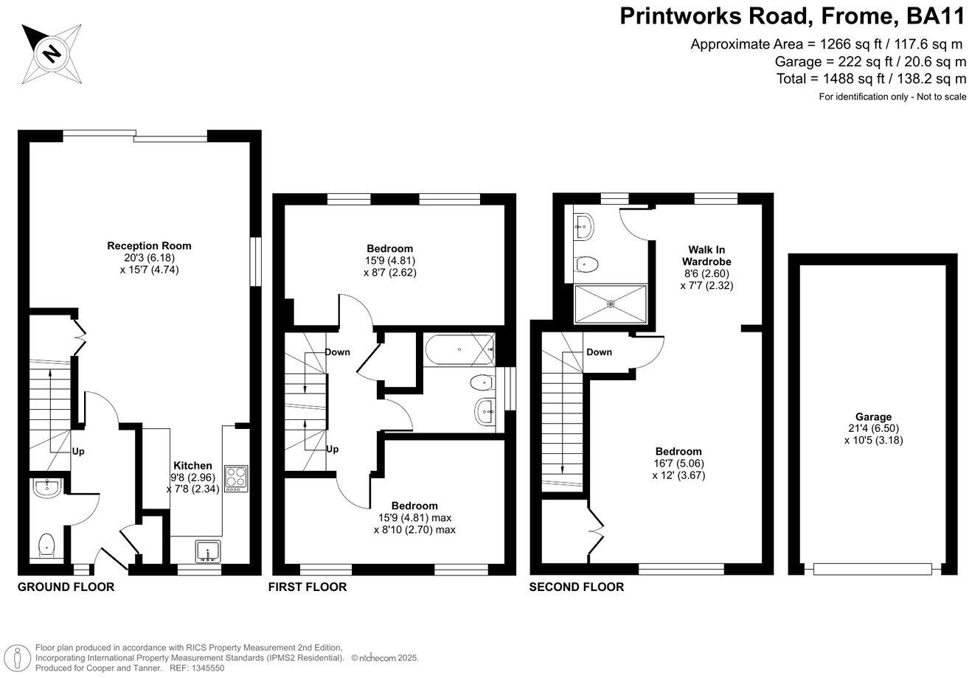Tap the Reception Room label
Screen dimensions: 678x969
click(x=139, y=245)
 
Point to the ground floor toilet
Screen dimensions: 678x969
click(x=46, y=545)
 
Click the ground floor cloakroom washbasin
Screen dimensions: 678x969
click(x=47, y=487)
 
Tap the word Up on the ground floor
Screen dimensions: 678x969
click(x=77, y=451)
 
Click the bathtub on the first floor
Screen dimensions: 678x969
click(x=459, y=349)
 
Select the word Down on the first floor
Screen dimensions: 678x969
click(x=337, y=352)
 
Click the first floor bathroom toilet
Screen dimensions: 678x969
click(x=483, y=382)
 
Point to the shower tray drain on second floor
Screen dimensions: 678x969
click(x=610, y=303)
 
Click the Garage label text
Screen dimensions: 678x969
click(x=873, y=416)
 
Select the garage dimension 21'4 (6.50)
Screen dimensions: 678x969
click(x=873, y=428)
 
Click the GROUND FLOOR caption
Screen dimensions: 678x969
click(x=66, y=587)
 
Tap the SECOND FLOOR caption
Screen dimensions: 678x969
click(x=576, y=587)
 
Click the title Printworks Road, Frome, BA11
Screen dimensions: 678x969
click(x=792, y=16)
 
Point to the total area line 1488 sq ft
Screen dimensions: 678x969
click(x=870, y=79)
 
